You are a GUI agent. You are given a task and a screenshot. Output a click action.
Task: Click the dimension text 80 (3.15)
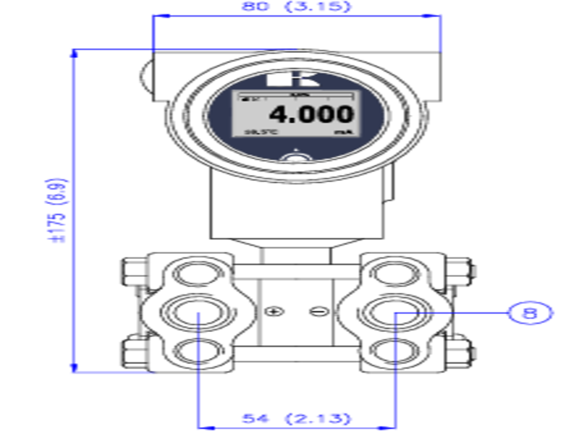point(297,7)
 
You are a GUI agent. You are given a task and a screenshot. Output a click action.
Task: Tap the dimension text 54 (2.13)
point(296,418)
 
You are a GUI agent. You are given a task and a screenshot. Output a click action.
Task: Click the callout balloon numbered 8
point(531,312)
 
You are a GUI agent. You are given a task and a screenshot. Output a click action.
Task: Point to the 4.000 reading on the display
point(312,114)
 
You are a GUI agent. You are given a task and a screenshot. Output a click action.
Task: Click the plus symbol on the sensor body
point(272,312)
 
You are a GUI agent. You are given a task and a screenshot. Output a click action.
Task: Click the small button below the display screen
point(295,157)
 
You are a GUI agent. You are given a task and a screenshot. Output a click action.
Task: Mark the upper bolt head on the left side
point(132,272)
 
